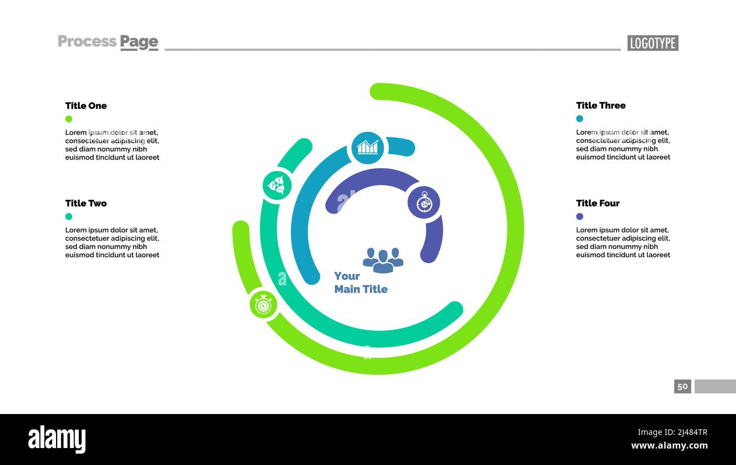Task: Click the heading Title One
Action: click(85, 106)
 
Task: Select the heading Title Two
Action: click(85, 203)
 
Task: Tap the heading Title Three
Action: click(601, 105)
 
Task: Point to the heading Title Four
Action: click(598, 203)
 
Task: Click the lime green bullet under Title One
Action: click(69, 119)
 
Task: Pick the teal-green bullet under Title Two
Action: click(69, 216)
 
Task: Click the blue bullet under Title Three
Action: click(580, 119)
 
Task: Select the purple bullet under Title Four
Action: click(580, 216)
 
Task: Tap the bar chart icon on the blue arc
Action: click(367, 147)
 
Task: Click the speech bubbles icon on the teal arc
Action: click(277, 185)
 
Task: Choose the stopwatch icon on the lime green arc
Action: click(263, 305)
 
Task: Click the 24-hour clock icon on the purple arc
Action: click(423, 202)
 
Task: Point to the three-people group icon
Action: click(383, 260)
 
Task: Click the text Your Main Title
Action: click(361, 283)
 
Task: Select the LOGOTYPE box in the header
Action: click(653, 43)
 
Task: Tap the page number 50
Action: click(682, 386)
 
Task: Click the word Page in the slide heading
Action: click(139, 42)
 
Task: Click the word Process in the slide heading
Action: click(87, 41)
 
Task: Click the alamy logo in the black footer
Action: click(57, 440)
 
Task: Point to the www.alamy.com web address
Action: click(669, 446)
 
